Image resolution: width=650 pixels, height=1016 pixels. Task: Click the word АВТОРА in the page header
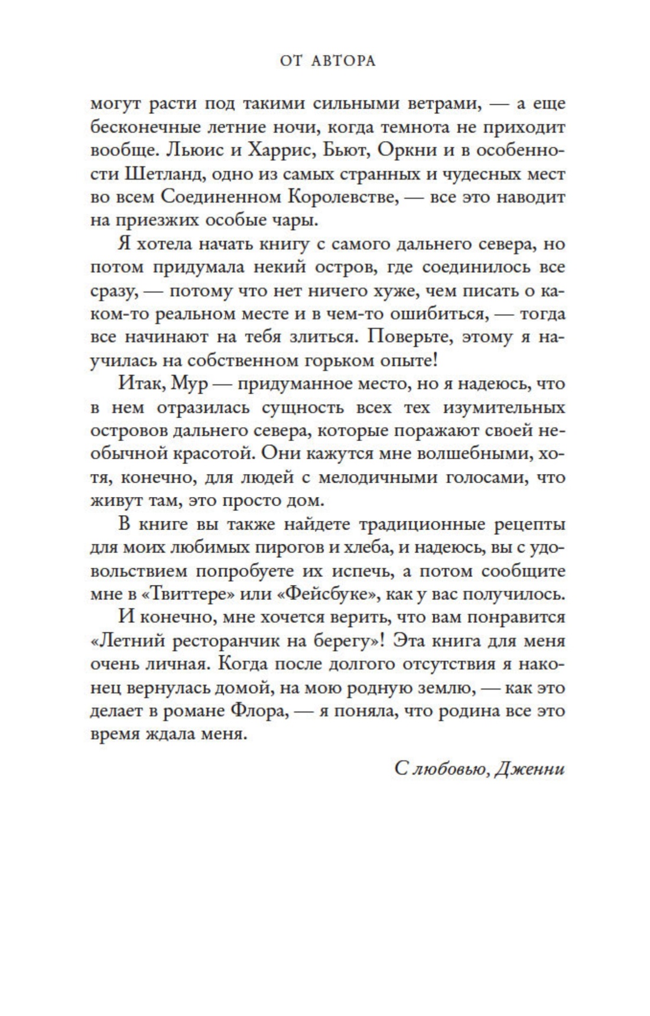click(343, 61)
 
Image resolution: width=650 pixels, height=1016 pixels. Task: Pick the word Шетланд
click(164, 174)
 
